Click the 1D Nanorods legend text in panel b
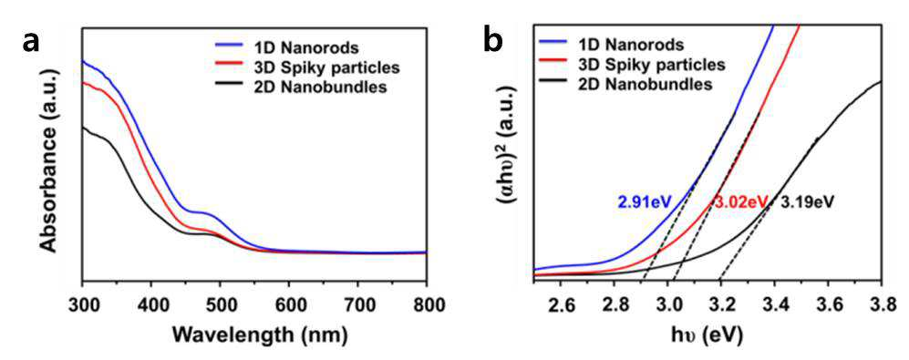[628, 44]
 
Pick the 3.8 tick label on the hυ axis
[881, 304]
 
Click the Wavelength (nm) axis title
[253, 334]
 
